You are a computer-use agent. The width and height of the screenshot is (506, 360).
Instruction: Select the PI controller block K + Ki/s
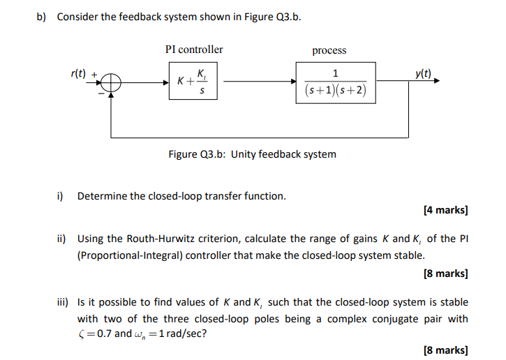[193, 82]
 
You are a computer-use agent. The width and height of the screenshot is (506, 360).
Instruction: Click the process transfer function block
[336, 82]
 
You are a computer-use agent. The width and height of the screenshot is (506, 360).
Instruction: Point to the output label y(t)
[422, 73]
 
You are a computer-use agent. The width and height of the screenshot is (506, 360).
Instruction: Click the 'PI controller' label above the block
[194, 50]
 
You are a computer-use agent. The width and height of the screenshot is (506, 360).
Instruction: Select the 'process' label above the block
[329, 50]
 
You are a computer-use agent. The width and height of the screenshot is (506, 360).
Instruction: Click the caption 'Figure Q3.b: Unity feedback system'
[252, 153]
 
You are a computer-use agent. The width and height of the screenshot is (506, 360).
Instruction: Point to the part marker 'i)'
[61, 196]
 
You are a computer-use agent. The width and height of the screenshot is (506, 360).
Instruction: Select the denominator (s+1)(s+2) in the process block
[336, 91]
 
